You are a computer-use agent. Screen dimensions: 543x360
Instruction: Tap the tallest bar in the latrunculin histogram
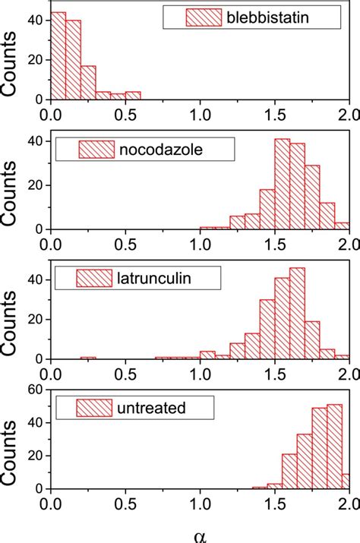pos(297,313)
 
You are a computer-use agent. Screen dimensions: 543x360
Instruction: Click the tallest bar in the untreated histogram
pos(334,448)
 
